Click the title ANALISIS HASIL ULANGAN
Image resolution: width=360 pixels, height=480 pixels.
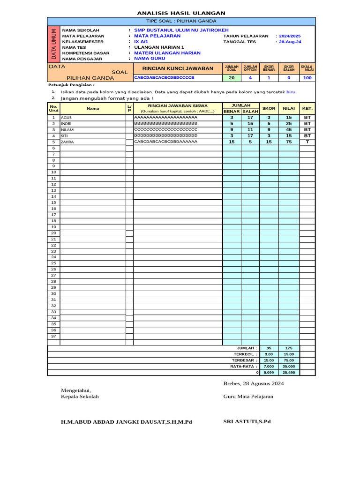coord(181,13)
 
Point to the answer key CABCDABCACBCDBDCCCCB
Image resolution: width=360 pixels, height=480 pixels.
coord(164,77)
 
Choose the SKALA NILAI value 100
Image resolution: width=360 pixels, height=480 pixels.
coord(307,78)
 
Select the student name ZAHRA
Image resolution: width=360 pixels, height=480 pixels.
coord(68,142)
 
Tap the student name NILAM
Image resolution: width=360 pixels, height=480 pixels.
coord(68,129)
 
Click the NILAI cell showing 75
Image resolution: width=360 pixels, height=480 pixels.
coord(289,142)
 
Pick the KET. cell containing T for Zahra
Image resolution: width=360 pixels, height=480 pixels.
coord(307,142)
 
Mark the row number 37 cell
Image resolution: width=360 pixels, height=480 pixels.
coord(53,336)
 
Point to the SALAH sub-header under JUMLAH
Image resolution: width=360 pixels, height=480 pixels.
coord(250,112)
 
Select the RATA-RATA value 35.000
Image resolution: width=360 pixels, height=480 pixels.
coord(289,366)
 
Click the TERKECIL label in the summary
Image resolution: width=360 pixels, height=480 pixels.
coord(247,354)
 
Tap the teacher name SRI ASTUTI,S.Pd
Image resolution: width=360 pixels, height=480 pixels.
coord(247,421)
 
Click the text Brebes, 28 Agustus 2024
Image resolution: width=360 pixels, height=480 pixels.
coord(254,383)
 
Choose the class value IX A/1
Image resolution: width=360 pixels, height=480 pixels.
coord(141,42)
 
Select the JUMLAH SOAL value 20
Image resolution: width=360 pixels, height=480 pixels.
coord(232,78)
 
